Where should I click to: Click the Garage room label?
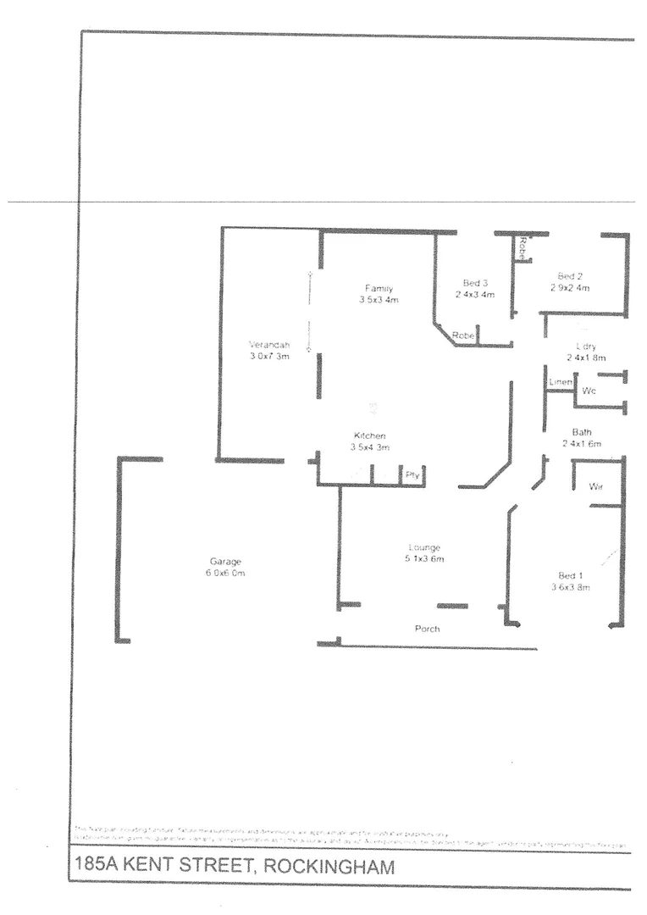point(225,561)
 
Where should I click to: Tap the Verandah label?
point(269,345)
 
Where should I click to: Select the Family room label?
point(378,288)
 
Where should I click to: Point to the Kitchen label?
point(369,435)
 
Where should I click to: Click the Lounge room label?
point(424,547)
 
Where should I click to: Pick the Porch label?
point(427,629)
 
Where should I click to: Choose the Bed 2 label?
point(569,276)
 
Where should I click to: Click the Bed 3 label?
point(475,283)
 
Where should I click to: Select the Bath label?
point(581,432)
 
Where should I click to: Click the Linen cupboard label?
point(561,383)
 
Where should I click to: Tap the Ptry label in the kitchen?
point(412,474)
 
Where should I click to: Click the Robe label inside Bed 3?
point(463,335)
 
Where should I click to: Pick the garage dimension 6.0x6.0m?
point(225,573)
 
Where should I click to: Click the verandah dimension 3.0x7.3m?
point(269,357)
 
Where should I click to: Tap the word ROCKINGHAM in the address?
point(329,867)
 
